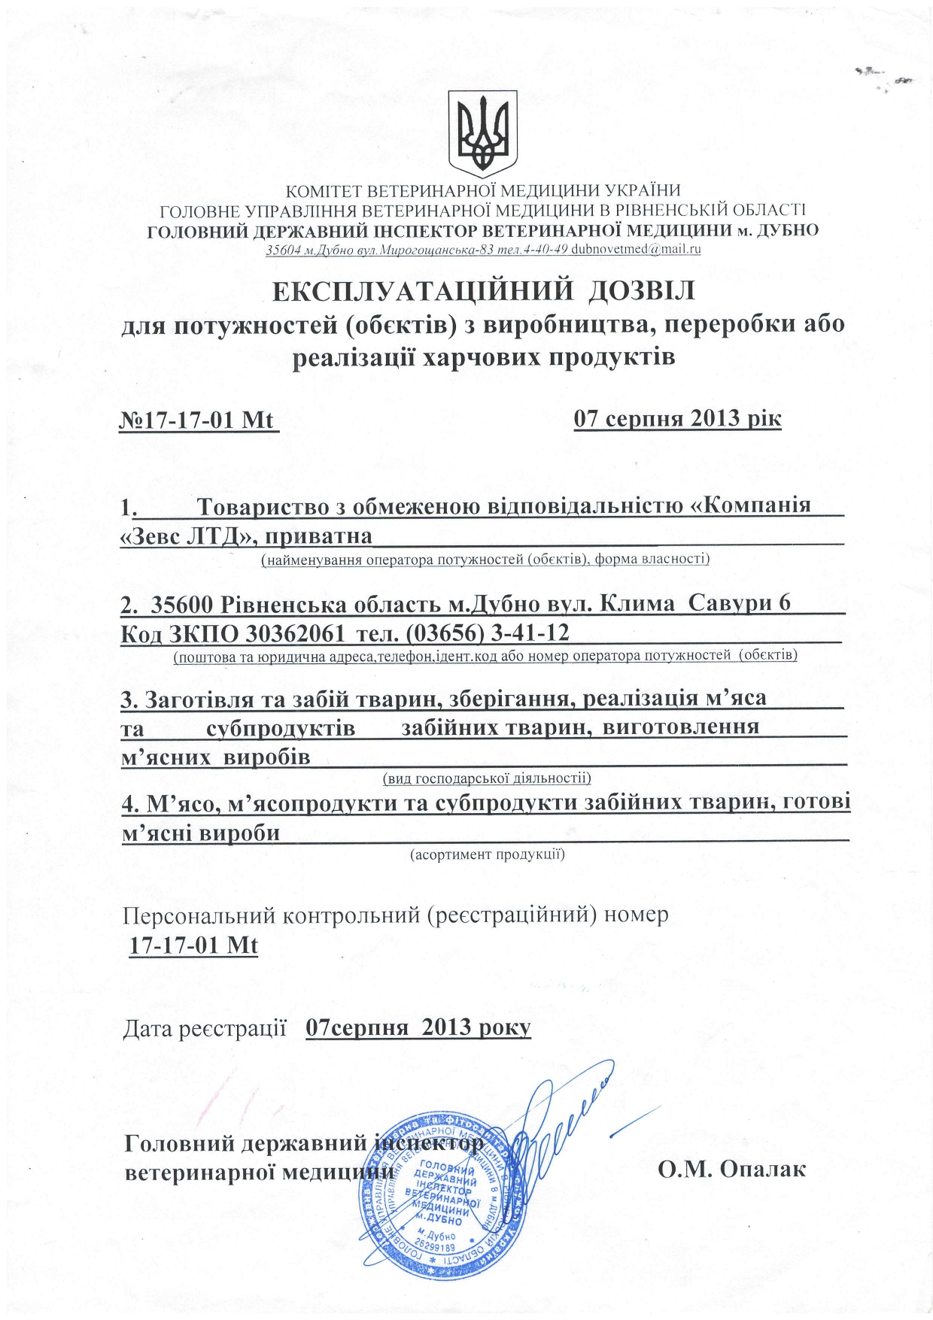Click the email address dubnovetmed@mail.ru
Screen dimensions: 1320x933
tap(636, 249)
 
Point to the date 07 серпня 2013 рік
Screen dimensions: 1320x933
tap(677, 418)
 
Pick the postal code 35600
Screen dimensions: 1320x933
tap(185, 604)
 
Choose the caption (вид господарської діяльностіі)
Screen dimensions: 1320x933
tap(487, 778)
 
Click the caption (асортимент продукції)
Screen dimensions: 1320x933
tap(487, 854)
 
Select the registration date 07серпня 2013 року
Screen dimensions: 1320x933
tap(418, 1027)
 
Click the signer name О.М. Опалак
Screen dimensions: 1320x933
tap(731, 1170)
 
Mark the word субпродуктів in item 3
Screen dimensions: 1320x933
tap(281, 728)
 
